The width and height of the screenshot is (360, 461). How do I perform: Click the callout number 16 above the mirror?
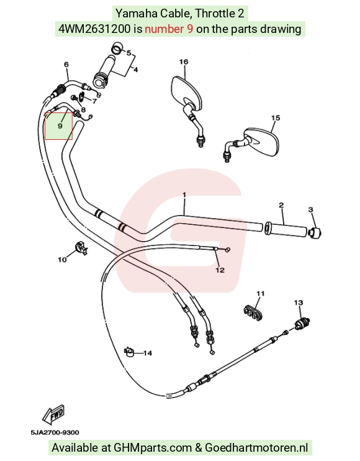pos(184,62)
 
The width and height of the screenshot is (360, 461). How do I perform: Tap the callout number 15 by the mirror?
pos(276,118)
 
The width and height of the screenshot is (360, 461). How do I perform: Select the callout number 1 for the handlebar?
pos(184,195)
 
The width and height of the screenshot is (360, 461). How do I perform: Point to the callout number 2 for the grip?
pos(281,205)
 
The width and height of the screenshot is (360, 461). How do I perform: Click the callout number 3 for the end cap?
pos(311,209)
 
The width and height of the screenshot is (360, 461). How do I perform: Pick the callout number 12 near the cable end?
pos(220,270)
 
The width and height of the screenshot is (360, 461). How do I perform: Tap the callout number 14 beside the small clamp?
pos(148,353)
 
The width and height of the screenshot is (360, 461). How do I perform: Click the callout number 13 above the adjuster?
pos(299,303)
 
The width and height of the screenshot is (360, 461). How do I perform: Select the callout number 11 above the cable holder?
pos(261,293)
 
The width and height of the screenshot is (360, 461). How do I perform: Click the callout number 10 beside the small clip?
pos(62,260)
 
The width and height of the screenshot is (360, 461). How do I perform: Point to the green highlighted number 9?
pos(60,126)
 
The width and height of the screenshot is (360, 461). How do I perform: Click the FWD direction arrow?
pos(53,415)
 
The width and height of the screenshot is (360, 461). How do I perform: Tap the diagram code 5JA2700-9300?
pos(55,432)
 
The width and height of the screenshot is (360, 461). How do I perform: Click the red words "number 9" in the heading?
pos(169,29)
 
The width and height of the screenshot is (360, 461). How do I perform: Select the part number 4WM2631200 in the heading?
pos(94,29)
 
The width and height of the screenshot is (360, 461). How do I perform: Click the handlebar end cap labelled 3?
pos(315,233)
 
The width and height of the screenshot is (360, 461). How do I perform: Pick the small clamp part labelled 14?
pos(129,352)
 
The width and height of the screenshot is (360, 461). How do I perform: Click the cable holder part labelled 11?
pos(253,313)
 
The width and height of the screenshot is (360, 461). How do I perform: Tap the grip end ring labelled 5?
pos(117,48)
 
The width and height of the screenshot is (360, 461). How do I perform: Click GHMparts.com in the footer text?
pos(153,448)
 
